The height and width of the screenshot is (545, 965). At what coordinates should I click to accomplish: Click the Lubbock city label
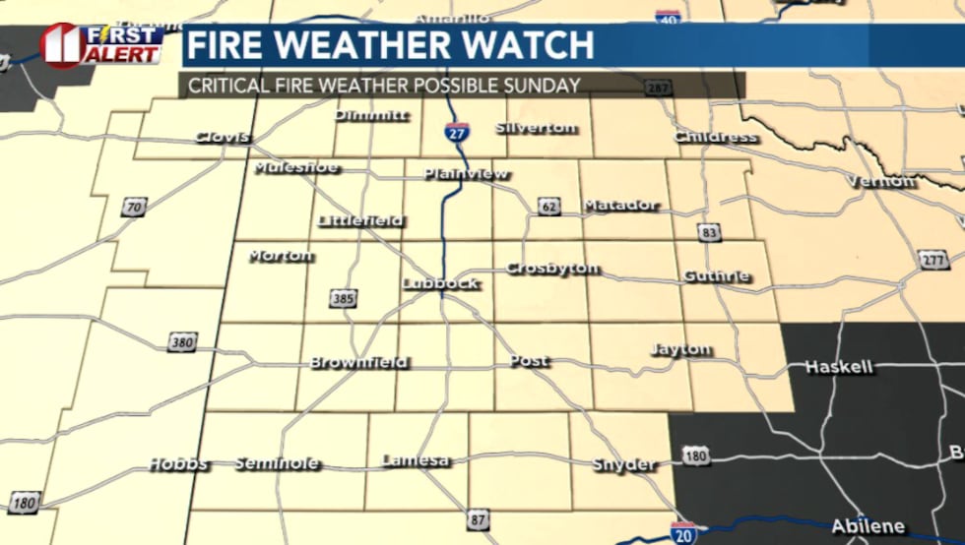point(440,283)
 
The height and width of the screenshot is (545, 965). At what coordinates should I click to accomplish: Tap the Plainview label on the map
point(466,174)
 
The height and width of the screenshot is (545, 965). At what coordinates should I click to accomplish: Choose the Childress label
point(716,137)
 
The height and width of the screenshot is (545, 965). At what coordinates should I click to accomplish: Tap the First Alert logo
point(102,44)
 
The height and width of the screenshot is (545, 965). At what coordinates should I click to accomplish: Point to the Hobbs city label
point(178,463)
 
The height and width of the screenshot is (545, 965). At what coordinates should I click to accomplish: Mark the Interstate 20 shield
point(683,532)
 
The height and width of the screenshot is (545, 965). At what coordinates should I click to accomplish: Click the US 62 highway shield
point(548,206)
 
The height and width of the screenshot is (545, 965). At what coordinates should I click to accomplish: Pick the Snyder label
point(623,464)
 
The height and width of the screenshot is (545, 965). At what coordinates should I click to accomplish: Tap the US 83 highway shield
point(709,233)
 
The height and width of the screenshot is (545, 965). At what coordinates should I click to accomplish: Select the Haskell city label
point(839,367)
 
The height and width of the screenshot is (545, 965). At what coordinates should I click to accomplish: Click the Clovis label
point(222,137)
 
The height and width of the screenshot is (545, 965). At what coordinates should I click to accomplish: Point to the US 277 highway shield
point(933,260)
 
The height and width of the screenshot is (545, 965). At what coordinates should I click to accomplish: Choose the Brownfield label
point(358,362)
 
